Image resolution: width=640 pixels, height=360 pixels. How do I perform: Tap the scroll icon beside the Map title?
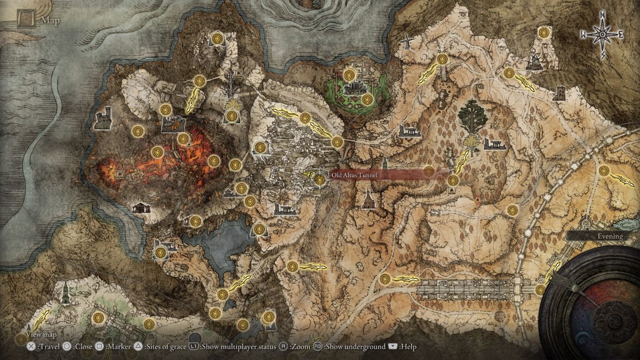click(x=27, y=20)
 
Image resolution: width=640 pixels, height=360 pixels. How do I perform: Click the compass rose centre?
click(x=603, y=35)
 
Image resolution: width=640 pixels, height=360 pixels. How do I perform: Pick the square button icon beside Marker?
click(x=99, y=346)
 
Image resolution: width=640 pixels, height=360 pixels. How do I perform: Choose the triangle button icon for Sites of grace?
click(x=137, y=346)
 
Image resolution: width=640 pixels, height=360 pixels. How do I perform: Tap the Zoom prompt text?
click(x=300, y=347)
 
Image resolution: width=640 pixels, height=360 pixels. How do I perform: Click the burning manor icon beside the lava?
click(x=172, y=124)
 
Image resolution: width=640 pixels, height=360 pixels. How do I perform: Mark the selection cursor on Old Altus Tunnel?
click(x=319, y=180)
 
